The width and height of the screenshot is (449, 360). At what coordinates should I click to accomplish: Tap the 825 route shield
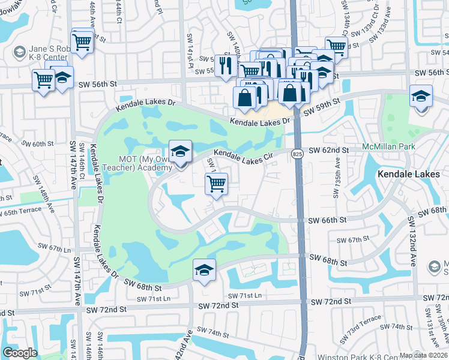(x=297, y=154)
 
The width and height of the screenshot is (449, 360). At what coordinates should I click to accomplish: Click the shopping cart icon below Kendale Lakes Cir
(x=216, y=184)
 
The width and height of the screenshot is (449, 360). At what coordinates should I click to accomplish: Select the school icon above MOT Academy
(x=179, y=152)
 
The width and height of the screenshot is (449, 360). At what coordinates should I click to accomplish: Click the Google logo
(x=19, y=352)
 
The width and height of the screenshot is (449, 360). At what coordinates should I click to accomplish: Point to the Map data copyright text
(x=424, y=355)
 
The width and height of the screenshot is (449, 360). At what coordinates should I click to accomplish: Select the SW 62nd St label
(x=329, y=150)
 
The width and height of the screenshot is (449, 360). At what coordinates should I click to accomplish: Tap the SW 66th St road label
(x=327, y=220)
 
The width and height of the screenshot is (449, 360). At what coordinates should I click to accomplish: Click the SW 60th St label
(x=37, y=144)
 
